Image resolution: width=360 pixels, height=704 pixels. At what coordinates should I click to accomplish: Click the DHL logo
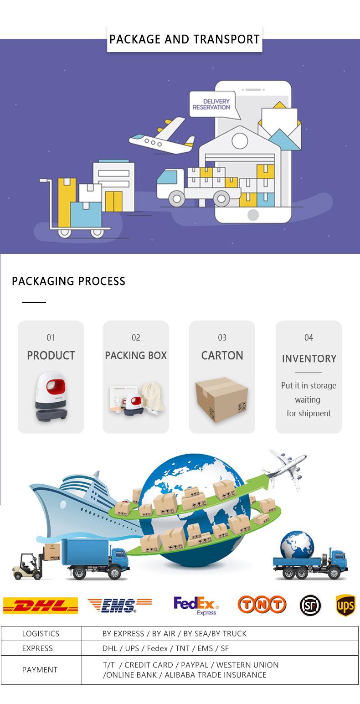coord(41,606)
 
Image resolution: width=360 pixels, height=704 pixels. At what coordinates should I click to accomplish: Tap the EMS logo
coord(119,605)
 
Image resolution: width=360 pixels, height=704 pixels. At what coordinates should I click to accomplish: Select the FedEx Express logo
coord(196,606)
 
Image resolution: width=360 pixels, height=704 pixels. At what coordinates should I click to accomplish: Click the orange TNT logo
coord(262,605)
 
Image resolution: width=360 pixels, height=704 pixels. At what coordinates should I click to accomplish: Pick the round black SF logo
coord(310,606)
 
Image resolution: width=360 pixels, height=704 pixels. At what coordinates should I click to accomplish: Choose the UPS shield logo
coord(345,605)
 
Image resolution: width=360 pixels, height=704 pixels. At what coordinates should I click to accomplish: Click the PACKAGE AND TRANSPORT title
coord(185,39)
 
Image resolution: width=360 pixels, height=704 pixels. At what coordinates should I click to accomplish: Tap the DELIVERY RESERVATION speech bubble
coord(210,104)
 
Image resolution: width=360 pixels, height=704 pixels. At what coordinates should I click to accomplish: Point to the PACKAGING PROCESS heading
coord(68,281)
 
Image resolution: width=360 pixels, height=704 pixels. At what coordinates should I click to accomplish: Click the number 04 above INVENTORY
coord(309,337)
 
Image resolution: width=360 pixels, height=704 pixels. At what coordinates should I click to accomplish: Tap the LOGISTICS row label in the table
coord(41,633)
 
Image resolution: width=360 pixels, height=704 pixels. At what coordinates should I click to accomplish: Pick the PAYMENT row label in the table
coord(40,670)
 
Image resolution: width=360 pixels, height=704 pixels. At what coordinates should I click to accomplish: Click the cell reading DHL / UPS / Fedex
coord(165,648)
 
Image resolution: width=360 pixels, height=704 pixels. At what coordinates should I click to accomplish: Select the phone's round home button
coord(253,215)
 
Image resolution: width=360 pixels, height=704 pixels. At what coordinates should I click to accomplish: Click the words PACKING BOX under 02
coord(136,356)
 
